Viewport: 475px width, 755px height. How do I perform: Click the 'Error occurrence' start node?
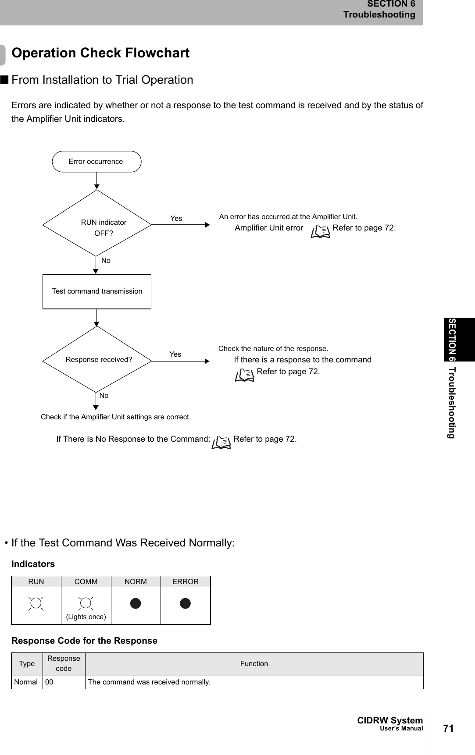coord(96,162)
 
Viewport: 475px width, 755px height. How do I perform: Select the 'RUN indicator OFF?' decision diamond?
coord(97,223)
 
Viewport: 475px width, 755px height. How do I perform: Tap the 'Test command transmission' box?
coord(97,291)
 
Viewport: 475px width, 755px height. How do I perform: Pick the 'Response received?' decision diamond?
coord(97,359)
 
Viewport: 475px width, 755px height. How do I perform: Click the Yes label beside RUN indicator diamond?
coord(176,218)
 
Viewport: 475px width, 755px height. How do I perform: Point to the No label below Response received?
coord(104,395)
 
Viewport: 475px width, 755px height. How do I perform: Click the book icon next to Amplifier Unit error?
coord(320,231)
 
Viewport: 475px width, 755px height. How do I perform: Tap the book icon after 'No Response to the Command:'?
coord(221,443)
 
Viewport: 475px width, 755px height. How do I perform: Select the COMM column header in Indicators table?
coord(86,581)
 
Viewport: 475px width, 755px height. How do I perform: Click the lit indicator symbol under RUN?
coord(36,603)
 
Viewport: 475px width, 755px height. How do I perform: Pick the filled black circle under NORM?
coord(136,603)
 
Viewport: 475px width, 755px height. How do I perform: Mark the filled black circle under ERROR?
coord(186,603)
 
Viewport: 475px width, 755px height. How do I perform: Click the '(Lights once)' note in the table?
coord(86,617)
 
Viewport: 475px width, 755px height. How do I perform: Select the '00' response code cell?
coord(50,682)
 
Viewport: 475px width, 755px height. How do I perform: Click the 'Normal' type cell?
coord(26,682)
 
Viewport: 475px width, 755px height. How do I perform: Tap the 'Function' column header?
coord(254,663)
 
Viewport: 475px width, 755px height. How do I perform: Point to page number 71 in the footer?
coord(448,728)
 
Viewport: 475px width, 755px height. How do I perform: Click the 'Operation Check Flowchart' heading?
coord(100,53)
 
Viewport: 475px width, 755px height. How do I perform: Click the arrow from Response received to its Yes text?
coord(181,361)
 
